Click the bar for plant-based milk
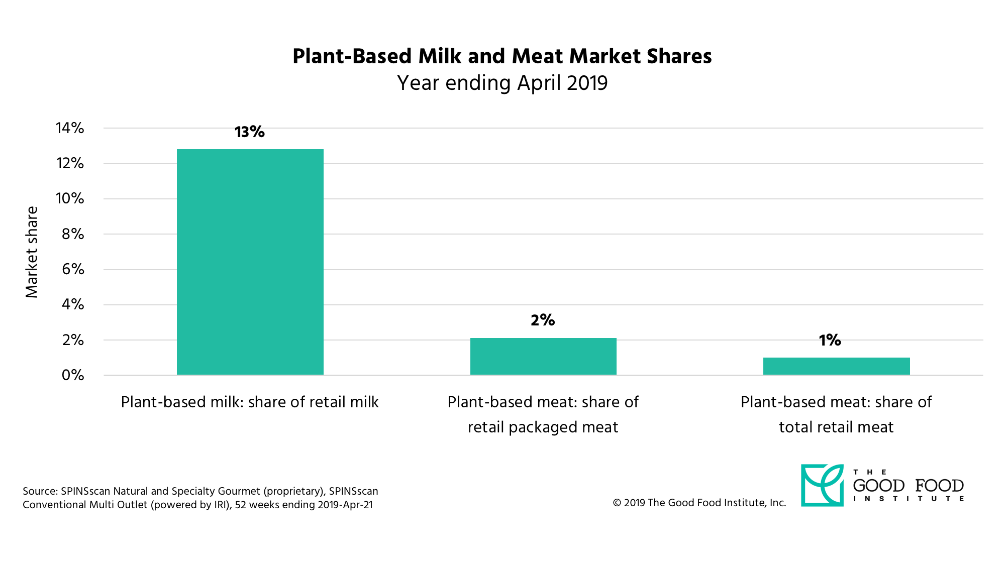coord(250,261)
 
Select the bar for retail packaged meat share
coord(543,356)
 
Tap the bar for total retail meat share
coord(836,366)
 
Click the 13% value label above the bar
coord(249,132)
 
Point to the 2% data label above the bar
coord(543,320)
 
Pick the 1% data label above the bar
coord(830,341)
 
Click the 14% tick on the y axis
coord(70,128)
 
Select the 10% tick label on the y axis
coord(70,198)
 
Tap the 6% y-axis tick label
coord(73,269)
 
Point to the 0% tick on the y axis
coord(73,375)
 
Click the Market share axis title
coord(32,252)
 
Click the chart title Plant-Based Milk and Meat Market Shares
coord(502,56)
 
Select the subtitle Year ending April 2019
coord(502,83)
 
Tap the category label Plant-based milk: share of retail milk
coord(250,402)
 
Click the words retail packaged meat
coord(543,427)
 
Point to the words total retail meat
coord(836,427)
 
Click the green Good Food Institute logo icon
coord(822,485)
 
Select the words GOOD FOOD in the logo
coord(908,486)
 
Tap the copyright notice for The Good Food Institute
coord(699,503)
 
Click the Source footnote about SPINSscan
coord(200,498)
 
